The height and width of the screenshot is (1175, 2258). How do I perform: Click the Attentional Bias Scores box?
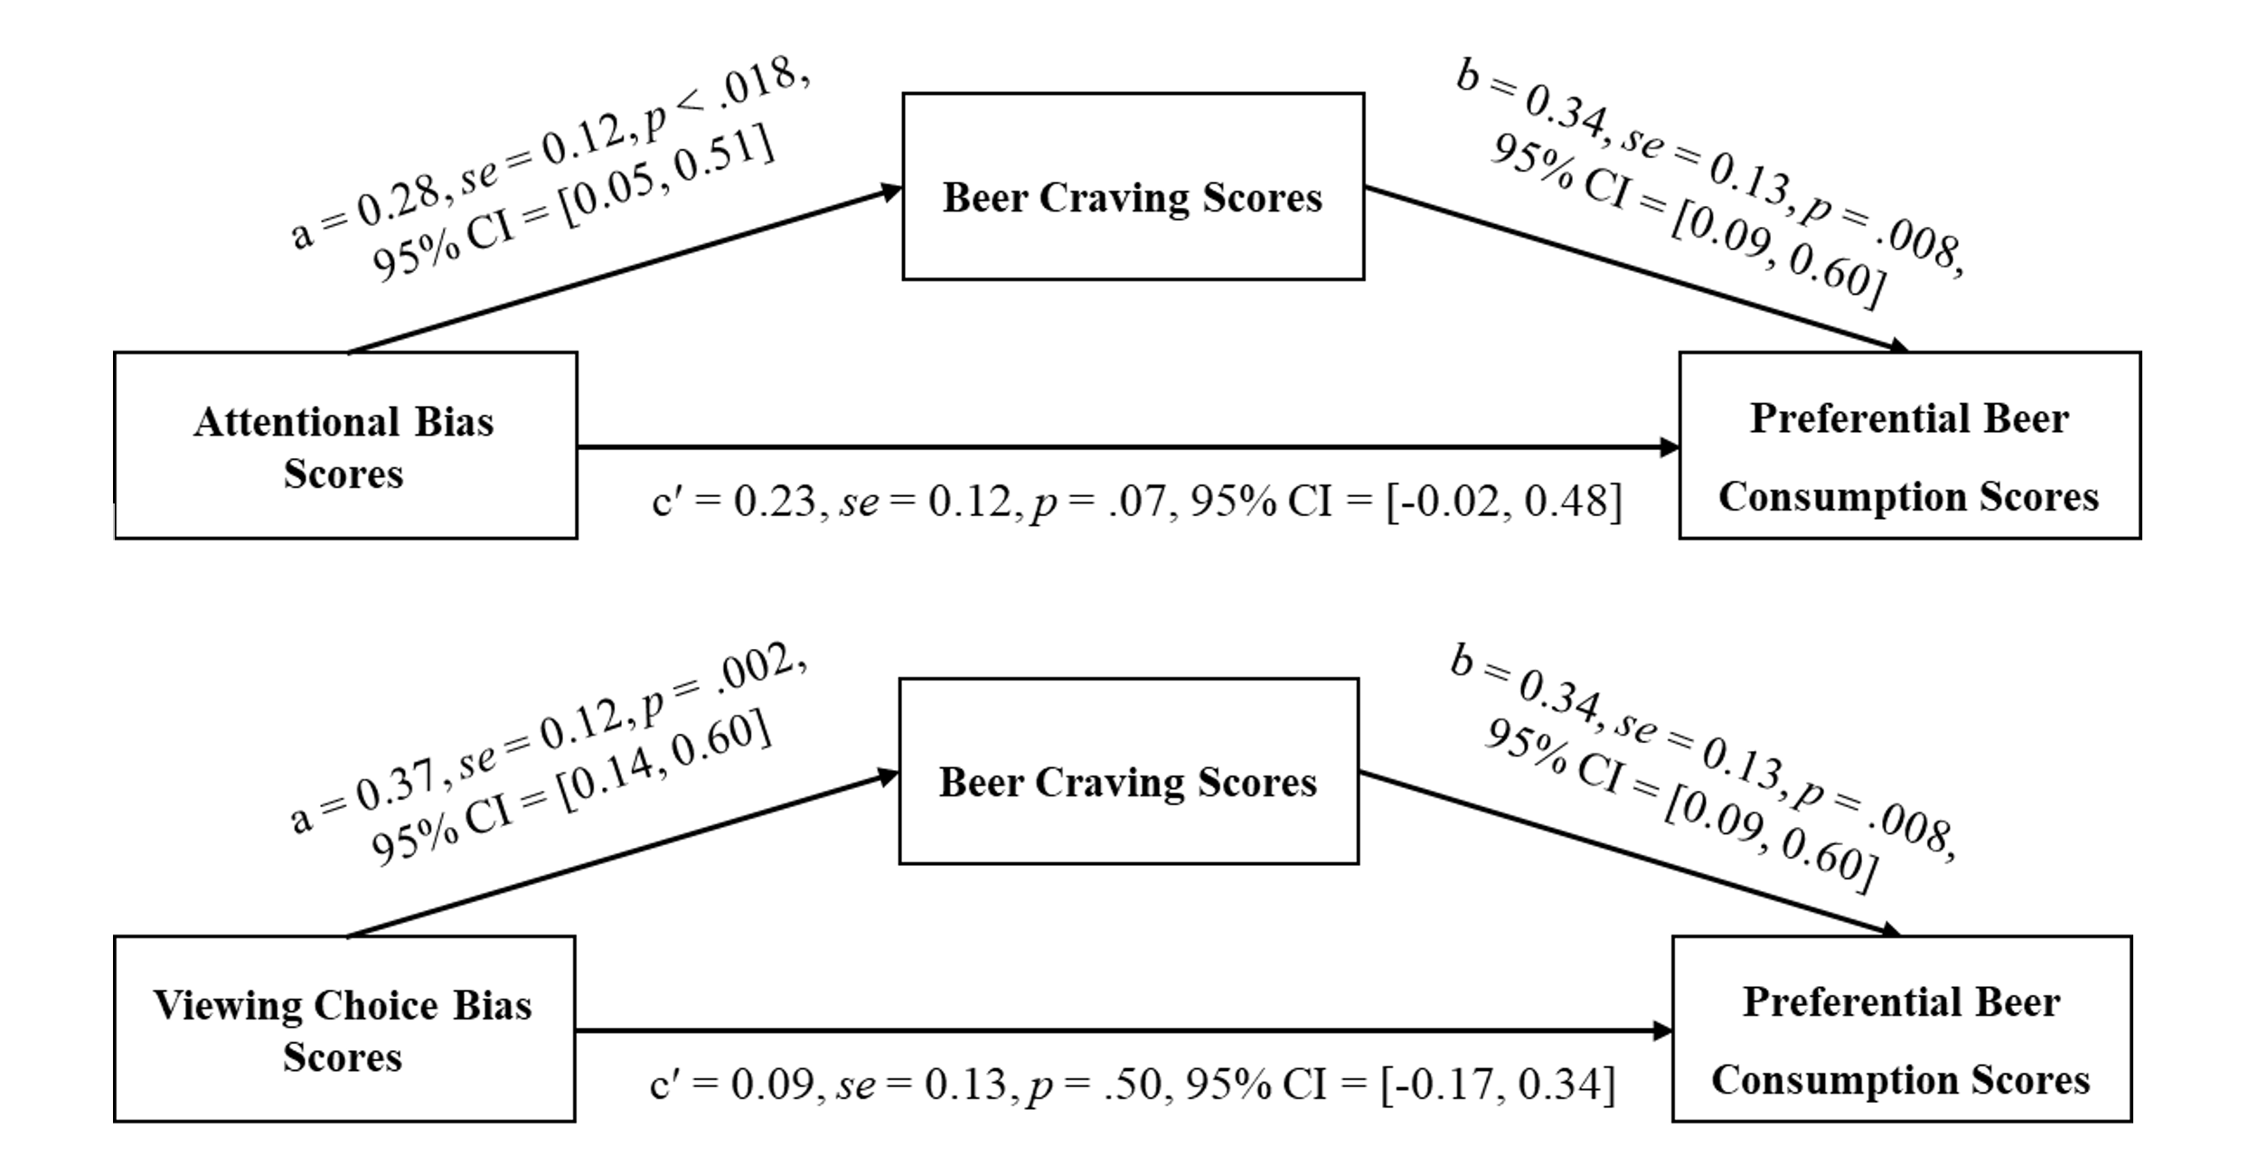pos(344,446)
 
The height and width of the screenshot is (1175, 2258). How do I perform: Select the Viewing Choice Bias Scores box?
pos(343,1029)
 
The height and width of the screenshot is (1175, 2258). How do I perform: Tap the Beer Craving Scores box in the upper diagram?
pos(1133,186)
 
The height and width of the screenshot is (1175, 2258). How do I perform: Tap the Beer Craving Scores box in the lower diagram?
pos(1128,771)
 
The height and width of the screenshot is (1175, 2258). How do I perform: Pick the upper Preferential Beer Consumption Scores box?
pos(1909,446)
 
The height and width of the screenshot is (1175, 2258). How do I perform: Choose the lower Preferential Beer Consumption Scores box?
pos(1901,1029)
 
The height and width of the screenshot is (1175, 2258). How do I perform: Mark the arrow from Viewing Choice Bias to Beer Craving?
pos(624,855)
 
